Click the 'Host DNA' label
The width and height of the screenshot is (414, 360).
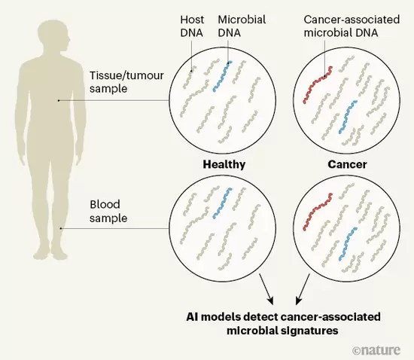click(192, 26)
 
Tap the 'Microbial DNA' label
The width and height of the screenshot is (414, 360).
click(242, 26)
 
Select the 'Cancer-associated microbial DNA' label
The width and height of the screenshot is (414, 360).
click(352, 26)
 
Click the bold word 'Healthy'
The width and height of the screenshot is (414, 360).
click(224, 164)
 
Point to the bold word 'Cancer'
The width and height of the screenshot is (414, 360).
click(347, 164)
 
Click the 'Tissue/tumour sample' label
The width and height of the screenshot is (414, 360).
click(126, 82)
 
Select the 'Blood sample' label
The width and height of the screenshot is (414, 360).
click(108, 212)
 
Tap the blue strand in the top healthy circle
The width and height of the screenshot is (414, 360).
click(223, 76)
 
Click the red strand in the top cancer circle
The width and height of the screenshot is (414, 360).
click(317, 84)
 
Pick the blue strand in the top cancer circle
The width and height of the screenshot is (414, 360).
click(348, 117)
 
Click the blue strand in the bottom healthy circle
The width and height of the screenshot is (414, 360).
click(223, 203)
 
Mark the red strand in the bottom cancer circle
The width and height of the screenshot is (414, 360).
click(317, 212)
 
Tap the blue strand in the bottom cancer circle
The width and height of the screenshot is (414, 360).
click(348, 243)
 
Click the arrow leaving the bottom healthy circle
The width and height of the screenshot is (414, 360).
click(266, 289)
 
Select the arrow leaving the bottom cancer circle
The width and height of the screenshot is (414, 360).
click(303, 289)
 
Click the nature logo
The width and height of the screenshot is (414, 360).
click(376, 350)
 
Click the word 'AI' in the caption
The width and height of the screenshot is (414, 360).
click(192, 316)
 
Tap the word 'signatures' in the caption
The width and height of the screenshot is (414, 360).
click(312, 331)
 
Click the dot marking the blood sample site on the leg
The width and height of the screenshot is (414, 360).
click(61, 228)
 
